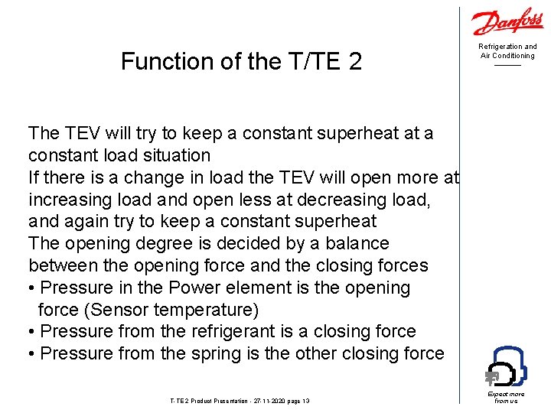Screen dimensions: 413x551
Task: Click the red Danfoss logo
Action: click(x=507, y=23)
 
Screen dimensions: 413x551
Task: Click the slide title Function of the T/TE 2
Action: click(x=241, y=61)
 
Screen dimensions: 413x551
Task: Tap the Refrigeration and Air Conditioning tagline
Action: click(x=507, y=51)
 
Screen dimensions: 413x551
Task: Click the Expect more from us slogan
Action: click(x=507, y=397)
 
